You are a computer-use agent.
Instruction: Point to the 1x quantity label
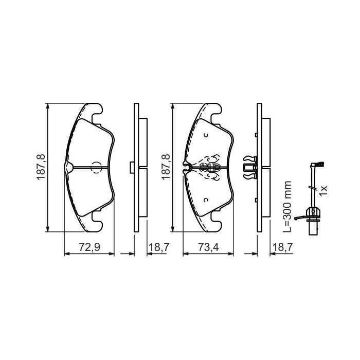click(323, 190)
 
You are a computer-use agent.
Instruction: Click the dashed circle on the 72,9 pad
click(96, 168)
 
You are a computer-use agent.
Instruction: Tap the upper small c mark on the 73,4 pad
click(205, 136)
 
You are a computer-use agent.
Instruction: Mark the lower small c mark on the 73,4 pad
click(205, 200)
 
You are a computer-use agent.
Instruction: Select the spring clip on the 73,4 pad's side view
click(248, 167)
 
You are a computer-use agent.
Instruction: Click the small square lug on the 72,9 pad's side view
click(132, 167)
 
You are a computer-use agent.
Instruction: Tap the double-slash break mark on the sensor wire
click(310, 188)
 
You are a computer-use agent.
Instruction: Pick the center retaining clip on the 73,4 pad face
click(210, 167)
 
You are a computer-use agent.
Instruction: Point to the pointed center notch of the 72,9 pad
click(69, 167)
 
